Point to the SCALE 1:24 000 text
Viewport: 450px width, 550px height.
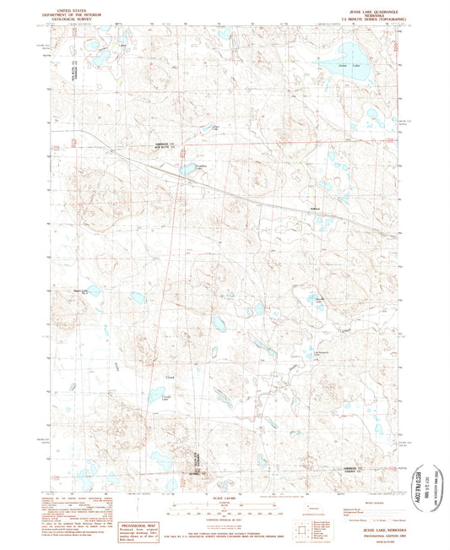tap(224, 494)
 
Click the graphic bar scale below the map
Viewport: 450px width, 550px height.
tap(224, 504)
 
